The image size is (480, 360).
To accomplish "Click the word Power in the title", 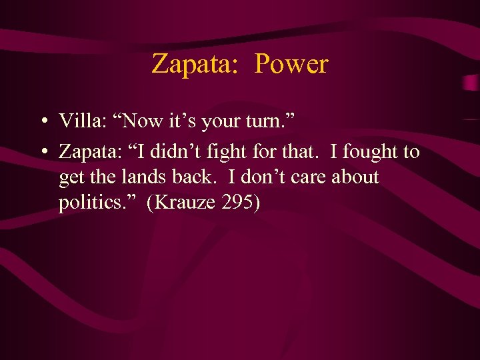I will point(291,64).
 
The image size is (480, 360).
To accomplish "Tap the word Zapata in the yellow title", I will point(191,64).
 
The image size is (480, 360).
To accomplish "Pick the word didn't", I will point(175,152).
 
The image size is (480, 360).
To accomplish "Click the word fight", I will point(225,152).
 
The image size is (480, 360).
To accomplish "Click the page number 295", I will point(237,203).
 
